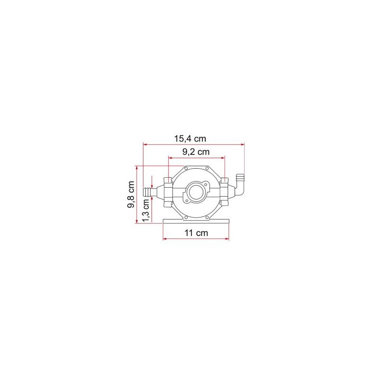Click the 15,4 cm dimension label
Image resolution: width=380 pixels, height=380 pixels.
click(190, 139)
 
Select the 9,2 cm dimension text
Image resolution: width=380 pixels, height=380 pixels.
click(196, 152)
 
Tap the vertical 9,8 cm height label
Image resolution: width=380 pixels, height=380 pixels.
click(131, 194)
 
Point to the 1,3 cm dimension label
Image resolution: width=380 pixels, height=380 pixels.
click(146, 210)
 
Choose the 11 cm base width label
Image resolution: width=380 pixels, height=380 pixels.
click(196, 233)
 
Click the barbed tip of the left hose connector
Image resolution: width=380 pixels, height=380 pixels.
click(147, 191)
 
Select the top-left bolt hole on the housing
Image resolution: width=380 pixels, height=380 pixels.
click(186, 169)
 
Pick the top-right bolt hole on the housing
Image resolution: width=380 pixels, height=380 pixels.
click(207, 169)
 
